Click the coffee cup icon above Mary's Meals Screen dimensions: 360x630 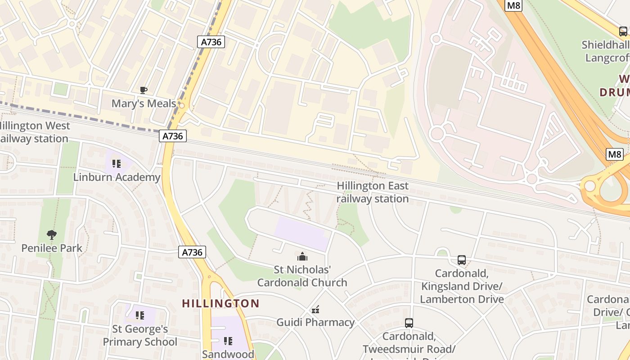pyautogui.click(x=144, y=90)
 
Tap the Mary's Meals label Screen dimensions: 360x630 pyautogui.click(x=144, y=103)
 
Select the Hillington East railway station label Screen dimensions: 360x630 pyautogui.click(x=373, y=192)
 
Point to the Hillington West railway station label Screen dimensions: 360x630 pyautogui.click(x=34, y=132)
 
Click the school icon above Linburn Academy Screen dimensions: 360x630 pyautogui.click(x=117, y=164)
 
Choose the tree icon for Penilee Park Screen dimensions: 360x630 pyautogui.click(x=52, y=234)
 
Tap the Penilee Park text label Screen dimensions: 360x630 pyautogui.click(x=52, y=248)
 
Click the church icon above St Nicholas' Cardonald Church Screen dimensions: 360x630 pyautogui.click(x=302, y=256)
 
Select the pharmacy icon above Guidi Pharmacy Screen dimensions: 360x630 pyautogui.click(x=315, y=309)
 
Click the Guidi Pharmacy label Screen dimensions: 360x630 pyautogui.click(x=315, y=322)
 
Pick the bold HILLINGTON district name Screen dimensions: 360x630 pyautogui.click(x=220, y=303)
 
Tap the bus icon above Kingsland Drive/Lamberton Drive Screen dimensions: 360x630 pyautogui.click(x=462, y=260)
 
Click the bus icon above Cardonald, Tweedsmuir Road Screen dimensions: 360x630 pyautogui.click(x=409, y=323)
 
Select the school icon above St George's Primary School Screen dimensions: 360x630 pyautogui.click(x=140, y=315)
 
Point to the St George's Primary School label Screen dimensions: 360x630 pyautogui.click(x=140, y=335)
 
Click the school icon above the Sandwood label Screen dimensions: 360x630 pyautogui.click(x=228, y=341)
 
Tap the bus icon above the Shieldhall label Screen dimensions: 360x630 pyautogui.click(x=623, y=31)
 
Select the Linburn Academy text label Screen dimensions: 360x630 pyautogui.click(x=117, y=177)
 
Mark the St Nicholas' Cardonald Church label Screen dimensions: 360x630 pyautogui.click(x=302, y=276)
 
